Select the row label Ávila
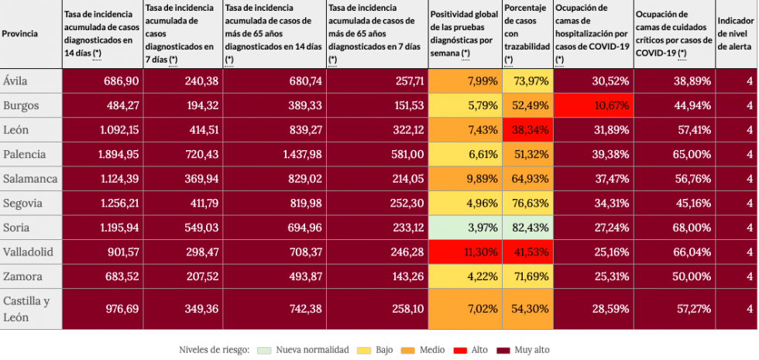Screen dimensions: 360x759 pyautogui.click(x=15, y=81)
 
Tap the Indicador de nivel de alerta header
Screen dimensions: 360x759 pyautogui.click(x=736, y=33)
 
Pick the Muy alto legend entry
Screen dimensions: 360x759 pyautogui.click(x=527, y=350)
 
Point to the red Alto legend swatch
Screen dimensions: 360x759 pyautogui.click(x=460, y=350)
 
